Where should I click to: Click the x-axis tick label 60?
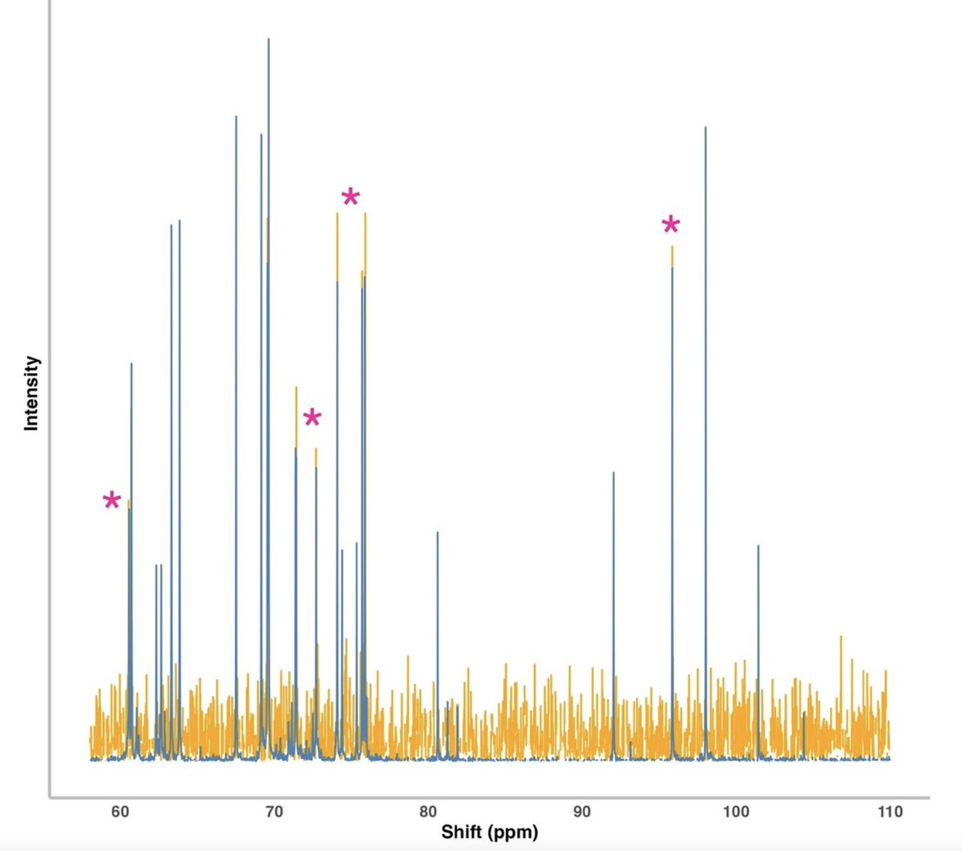[x=120, y=812]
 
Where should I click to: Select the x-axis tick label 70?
[x=273, y=812]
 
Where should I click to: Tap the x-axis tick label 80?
[x=428, y=812]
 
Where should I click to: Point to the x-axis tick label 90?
[x=582, y=812]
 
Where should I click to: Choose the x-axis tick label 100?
[x=736, y=812]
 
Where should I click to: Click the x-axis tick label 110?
[x=889, y=812]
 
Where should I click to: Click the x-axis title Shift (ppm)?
[x=489, y=832]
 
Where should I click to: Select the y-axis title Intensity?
[x=31, y=393]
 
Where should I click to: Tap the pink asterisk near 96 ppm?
[x=671, y=225]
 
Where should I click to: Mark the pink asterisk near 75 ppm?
[x=350, y=197]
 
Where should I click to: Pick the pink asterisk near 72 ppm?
[x=312, y=418]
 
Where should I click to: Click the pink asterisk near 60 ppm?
[x=111, y=501]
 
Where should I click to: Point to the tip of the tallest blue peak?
[x=268, y=38]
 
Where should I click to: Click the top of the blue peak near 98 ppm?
[x=705, y=127]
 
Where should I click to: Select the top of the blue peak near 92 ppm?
[x=613, y=472]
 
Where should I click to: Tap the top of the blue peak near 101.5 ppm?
[x=758, y=546]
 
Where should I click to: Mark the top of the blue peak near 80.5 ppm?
[x=438, y=533]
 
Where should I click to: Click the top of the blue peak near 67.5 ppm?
[x=236, y=117]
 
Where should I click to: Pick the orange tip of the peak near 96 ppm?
[x=672, y=248]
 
